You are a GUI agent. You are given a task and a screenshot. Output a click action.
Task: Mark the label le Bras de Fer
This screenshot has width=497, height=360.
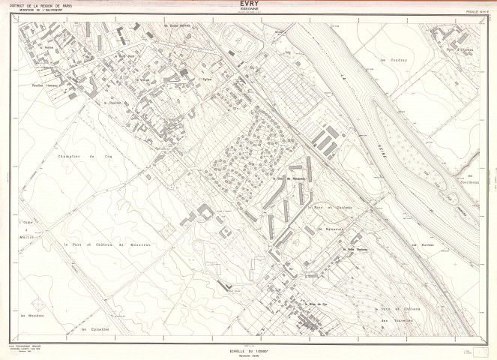(x=318, y=303)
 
